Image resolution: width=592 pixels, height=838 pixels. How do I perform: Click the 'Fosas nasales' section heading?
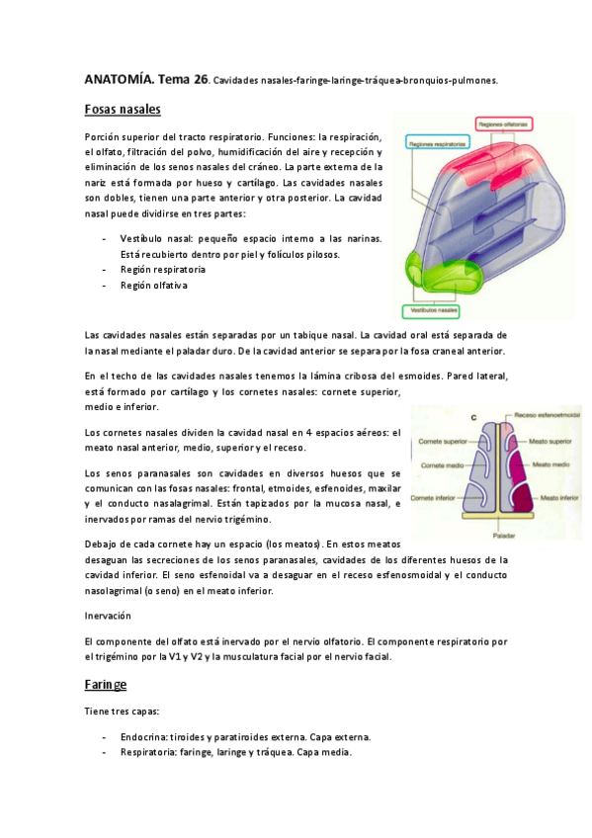[123, 109]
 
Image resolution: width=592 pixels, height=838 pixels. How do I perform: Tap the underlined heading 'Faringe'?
[106, 684]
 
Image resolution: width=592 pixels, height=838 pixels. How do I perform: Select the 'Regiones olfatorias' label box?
[504, 125]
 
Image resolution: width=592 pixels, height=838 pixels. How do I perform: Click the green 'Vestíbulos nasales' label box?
[436, 309]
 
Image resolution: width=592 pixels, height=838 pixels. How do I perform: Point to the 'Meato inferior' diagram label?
[553, 500]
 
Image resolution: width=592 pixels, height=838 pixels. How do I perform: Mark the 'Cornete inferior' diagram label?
[439, 498]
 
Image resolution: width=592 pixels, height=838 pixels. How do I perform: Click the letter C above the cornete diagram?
[473, 419]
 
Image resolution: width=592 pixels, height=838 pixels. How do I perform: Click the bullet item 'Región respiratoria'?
[162, 269]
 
